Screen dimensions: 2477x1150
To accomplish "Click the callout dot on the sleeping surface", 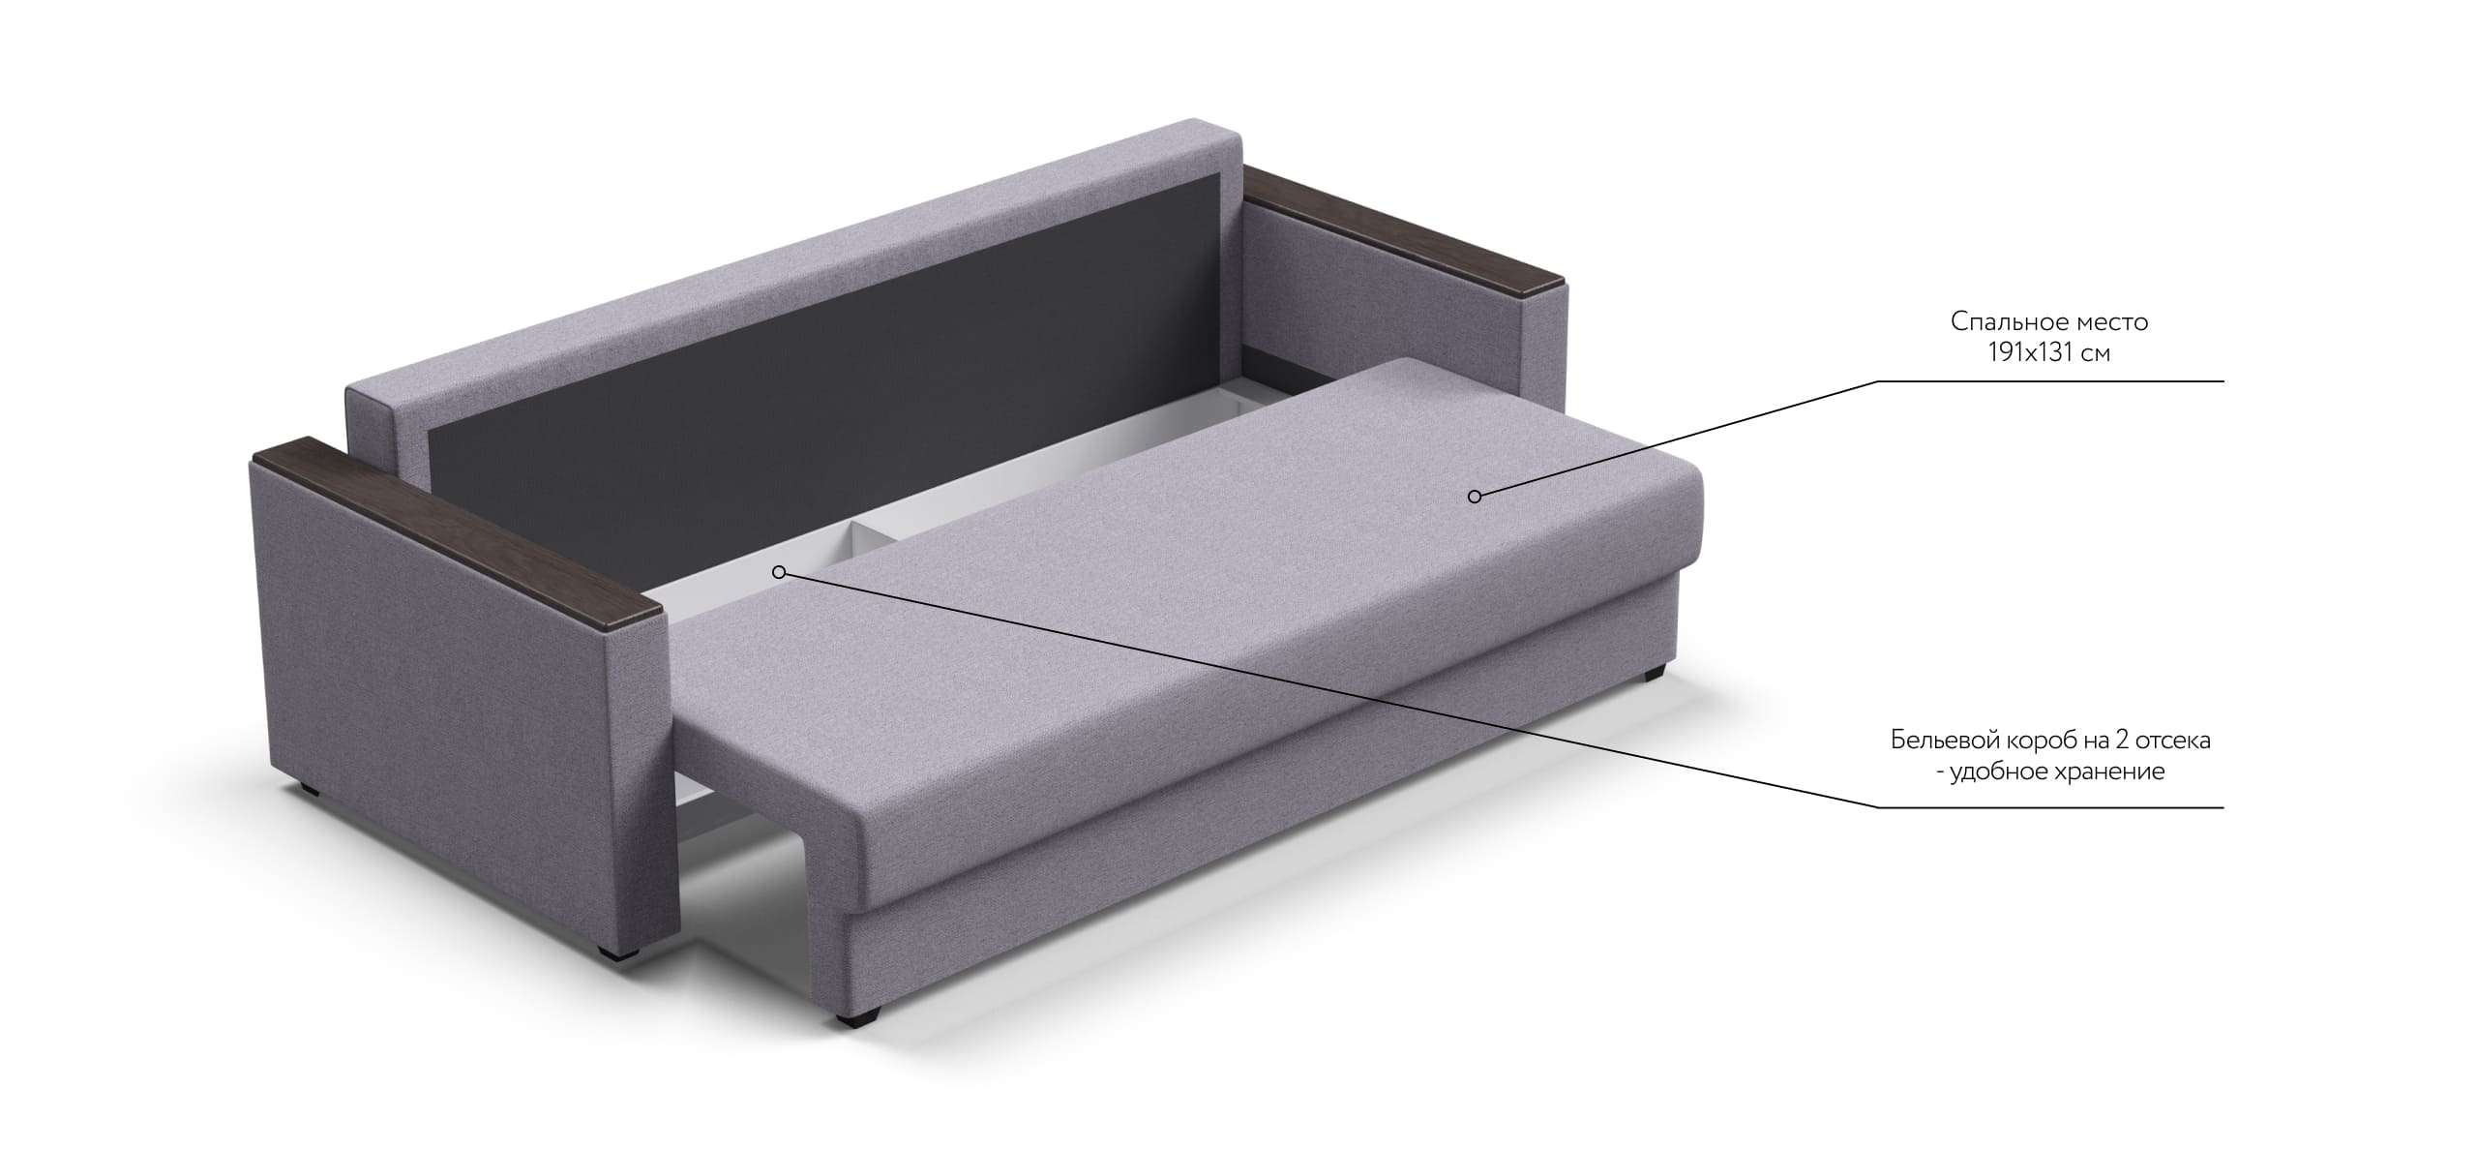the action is (1475, 497).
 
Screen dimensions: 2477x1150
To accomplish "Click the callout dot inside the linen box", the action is (779, 572).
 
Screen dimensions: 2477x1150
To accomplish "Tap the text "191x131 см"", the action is (2049, 352).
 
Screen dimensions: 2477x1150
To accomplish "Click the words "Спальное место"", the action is (2049, 320).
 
